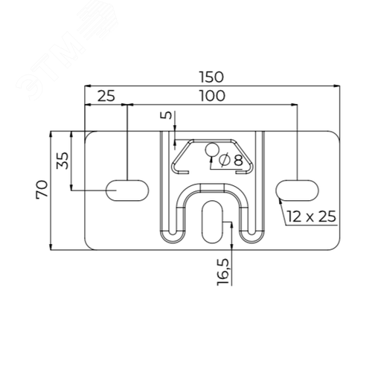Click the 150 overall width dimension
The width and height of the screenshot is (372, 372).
coord(211,77)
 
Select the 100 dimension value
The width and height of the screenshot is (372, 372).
coord(213,96)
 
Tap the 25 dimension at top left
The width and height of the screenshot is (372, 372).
coord(106,96)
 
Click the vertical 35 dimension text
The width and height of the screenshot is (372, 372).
coord(62,161)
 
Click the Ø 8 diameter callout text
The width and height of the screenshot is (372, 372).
coord(231,160)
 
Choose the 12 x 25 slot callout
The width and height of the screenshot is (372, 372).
coord(312,216)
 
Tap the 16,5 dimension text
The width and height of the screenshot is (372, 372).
coord(222,272)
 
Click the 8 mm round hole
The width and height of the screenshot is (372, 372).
coord(212,150)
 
